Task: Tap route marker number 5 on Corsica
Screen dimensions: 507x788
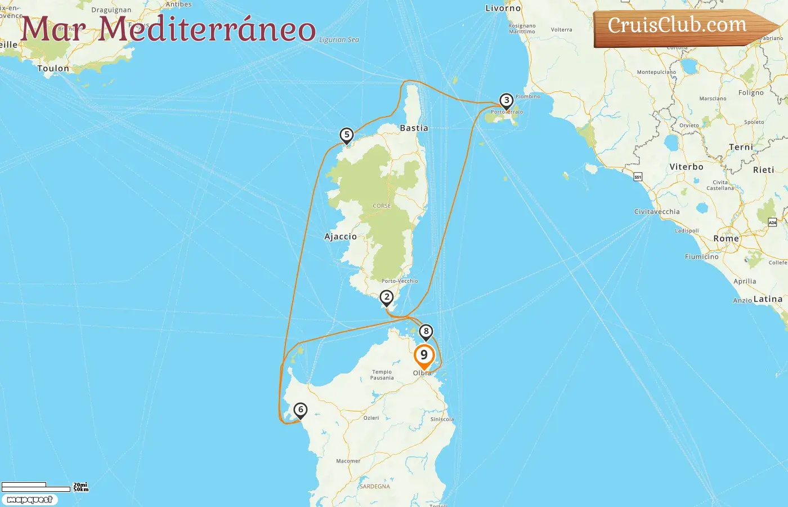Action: point(347,135)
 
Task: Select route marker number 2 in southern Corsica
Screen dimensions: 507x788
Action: point(386,297)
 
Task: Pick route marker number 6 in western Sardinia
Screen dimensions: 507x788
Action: point(301,410)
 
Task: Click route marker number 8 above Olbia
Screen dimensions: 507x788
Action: point(426,332)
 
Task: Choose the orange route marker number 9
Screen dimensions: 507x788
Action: point(424,355)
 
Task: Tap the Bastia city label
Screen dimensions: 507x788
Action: point(414,128)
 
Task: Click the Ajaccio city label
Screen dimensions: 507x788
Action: point(341,237)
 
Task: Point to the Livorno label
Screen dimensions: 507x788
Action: point(503,8)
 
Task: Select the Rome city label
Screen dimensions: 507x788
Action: point(726,239)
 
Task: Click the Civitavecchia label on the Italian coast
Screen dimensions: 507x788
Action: point(657,212)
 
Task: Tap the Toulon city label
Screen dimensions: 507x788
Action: point(53,69)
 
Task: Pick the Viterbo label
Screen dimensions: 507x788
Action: point(686,167)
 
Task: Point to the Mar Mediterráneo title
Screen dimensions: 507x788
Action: point(168,29)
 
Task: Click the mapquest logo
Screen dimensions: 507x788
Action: point(30,500)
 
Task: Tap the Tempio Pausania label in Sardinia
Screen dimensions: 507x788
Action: point(382,375)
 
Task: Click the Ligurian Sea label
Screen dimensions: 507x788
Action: point(339,40)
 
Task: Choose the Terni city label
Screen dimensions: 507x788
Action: point(741,147)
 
